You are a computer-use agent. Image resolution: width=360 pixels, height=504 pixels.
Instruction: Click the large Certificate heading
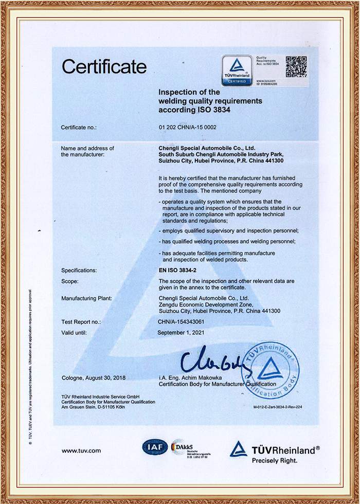(104, 66)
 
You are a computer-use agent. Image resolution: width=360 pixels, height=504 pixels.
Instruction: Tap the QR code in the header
(296, 66)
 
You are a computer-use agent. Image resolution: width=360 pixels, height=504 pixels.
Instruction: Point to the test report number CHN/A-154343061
(186, 321)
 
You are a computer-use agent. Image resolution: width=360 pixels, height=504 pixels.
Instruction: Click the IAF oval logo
(155, 447)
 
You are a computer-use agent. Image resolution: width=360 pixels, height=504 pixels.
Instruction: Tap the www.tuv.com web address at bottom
(81, 451)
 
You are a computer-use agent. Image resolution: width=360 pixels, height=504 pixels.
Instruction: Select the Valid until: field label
(74, 332)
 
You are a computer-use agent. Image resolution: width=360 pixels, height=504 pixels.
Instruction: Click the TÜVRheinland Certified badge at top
(237, 70)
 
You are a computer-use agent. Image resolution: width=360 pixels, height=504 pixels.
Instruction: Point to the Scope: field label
(69, 281)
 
